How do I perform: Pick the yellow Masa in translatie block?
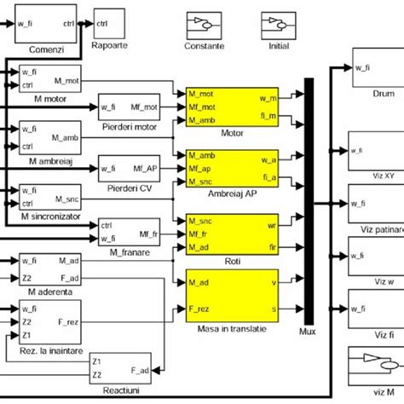(x=231, y=294)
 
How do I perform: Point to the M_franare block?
(x=129, y=229)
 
